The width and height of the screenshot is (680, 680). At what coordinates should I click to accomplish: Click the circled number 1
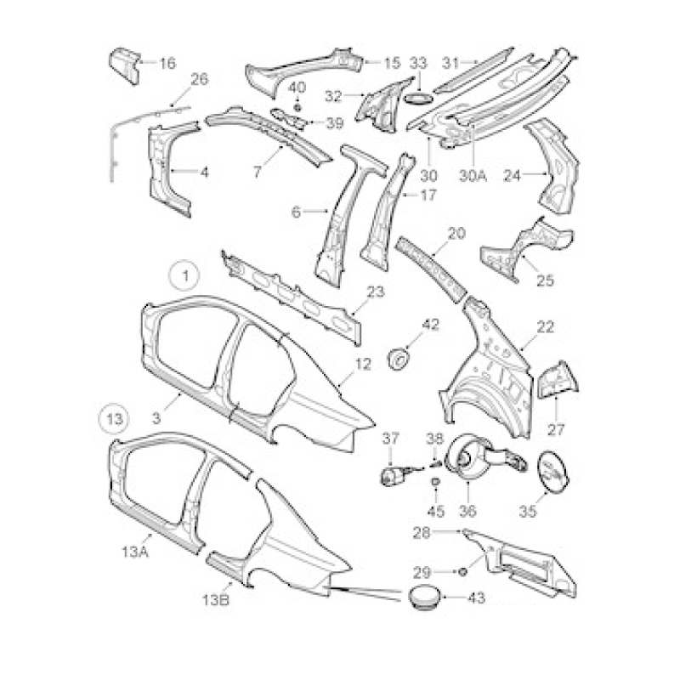click(184, 275)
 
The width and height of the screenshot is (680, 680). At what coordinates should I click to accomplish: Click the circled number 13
click(115, 419)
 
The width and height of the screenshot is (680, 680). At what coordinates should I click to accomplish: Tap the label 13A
click(135, 552)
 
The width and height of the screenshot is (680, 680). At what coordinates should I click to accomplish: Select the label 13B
click(216, 600)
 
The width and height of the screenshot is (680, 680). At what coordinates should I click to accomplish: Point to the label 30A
click(473, 176)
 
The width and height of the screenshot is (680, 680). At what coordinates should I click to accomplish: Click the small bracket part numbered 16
click(125, 66)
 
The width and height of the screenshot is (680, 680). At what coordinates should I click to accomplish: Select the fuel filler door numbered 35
click(553, 472)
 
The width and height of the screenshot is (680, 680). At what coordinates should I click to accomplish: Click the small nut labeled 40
click(297, 107)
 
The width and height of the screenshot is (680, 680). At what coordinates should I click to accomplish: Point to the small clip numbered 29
click(462, 572)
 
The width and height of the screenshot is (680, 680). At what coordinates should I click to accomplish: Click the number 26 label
click(200, 79)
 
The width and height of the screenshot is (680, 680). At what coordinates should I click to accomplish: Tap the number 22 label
click(545, 327)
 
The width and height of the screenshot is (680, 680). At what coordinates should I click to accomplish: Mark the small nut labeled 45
click(435, 481)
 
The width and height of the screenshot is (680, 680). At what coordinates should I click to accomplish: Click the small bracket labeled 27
click(558, 381)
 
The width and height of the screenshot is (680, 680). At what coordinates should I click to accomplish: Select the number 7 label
click(258, 172)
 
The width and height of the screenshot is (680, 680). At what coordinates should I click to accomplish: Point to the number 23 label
click(375, 292)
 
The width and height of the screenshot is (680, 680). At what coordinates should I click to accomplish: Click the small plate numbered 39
click(288, 118)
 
